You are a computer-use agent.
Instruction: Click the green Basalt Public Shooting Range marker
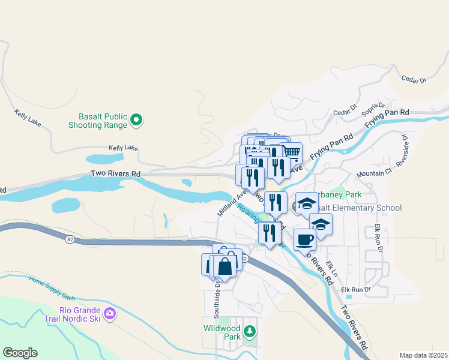pyautogui.click(x=136, y=120)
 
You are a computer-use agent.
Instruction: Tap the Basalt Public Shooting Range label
pyautogui.click(x=103, y=121)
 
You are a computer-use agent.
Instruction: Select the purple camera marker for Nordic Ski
pyautogui.click(x=110, y=313)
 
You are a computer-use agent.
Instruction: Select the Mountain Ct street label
pyautogui.click(x=374, y=173)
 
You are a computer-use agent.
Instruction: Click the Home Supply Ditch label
pyautogui.click(x=53, y=289)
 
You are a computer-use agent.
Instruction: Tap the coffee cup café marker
pyautogui.click(x=305, y=238)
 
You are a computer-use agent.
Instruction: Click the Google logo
pyautogui.click(x=20, y=353)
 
